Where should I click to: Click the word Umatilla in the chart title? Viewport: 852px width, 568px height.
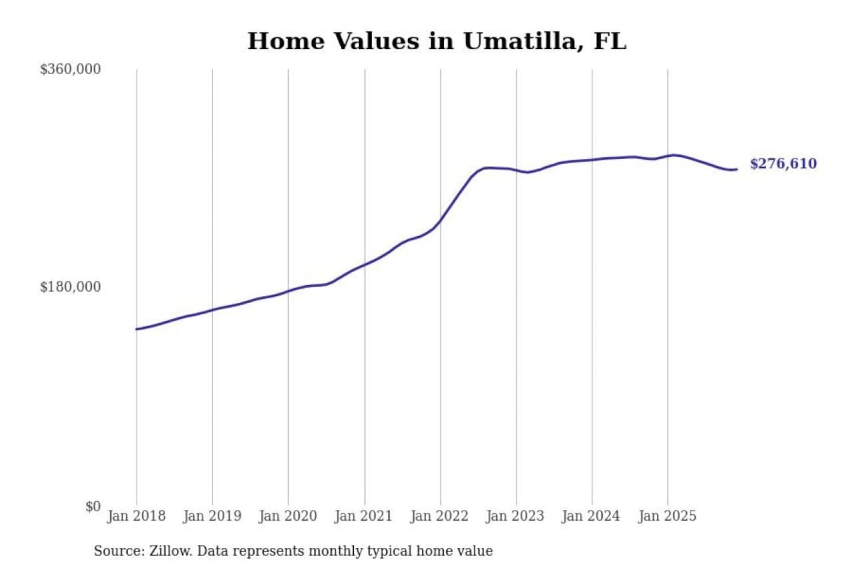click(519, 41)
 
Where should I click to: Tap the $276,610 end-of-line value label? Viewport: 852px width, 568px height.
click(783, 164)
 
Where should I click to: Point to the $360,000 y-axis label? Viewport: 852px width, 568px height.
click(70, 69)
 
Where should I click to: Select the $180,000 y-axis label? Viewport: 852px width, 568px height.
click(70, 287)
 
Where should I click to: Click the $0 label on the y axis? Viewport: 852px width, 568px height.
click(93, 506)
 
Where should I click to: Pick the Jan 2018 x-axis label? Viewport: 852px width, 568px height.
click(136, 516)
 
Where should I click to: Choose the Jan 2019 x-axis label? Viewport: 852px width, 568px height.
click(212, 516)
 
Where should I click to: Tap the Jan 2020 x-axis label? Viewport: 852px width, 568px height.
click(288, 516)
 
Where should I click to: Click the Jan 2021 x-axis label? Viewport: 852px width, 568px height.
click(363, 516)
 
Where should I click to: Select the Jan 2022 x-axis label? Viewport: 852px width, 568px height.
click(439, 516)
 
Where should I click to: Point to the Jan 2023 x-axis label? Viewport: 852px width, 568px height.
click(515, 516)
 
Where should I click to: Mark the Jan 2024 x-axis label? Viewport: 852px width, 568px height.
click(590, 516)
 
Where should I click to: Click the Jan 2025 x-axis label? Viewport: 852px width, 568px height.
click(667, 516)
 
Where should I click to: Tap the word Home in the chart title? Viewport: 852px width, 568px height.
click(286, 41)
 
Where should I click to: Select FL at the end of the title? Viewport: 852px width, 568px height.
click(609, 41)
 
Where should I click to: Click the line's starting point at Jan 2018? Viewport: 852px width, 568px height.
click(137, 329)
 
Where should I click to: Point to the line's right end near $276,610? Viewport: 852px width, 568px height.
click(736, 170)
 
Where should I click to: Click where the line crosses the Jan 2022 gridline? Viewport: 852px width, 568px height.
click(440, 221)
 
